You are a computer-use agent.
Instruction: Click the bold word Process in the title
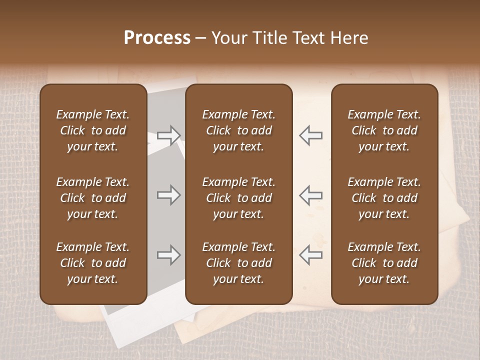157,38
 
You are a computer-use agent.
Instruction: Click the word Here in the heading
349,38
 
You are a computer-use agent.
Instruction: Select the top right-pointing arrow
168,135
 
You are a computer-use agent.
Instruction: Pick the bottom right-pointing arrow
168,255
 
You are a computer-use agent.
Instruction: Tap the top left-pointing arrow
310,135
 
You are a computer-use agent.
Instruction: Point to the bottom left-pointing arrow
310,255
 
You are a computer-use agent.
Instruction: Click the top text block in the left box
93,130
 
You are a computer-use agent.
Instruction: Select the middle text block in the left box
93,198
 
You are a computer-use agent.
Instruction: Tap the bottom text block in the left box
93,263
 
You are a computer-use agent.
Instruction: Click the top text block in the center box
238,130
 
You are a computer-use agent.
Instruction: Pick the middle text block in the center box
238,198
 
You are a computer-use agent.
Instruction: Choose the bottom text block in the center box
238,263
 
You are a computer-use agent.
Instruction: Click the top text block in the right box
384,130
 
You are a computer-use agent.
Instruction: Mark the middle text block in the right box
384,198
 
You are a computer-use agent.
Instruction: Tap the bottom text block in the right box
384,263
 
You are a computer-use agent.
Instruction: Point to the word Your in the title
227,38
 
